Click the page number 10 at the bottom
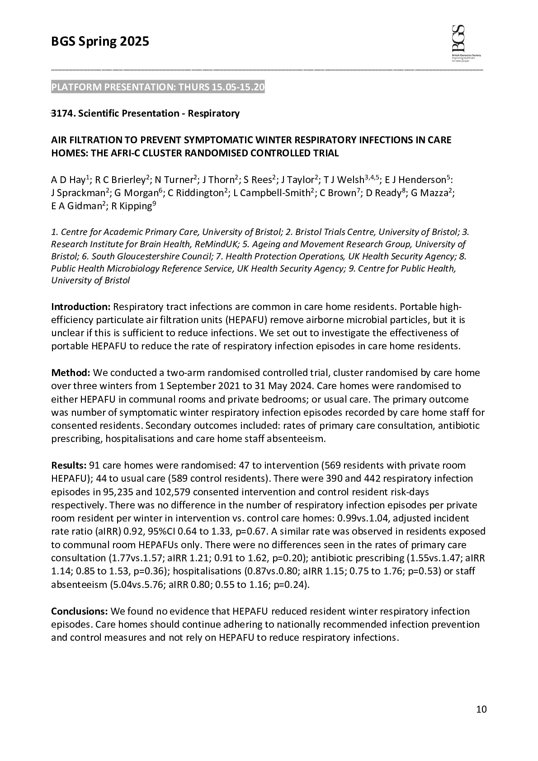481,709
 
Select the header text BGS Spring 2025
100,42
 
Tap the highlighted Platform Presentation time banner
158,87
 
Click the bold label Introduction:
80,307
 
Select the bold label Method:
71,373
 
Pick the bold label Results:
69,465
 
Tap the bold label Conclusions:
79,611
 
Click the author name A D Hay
68,180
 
